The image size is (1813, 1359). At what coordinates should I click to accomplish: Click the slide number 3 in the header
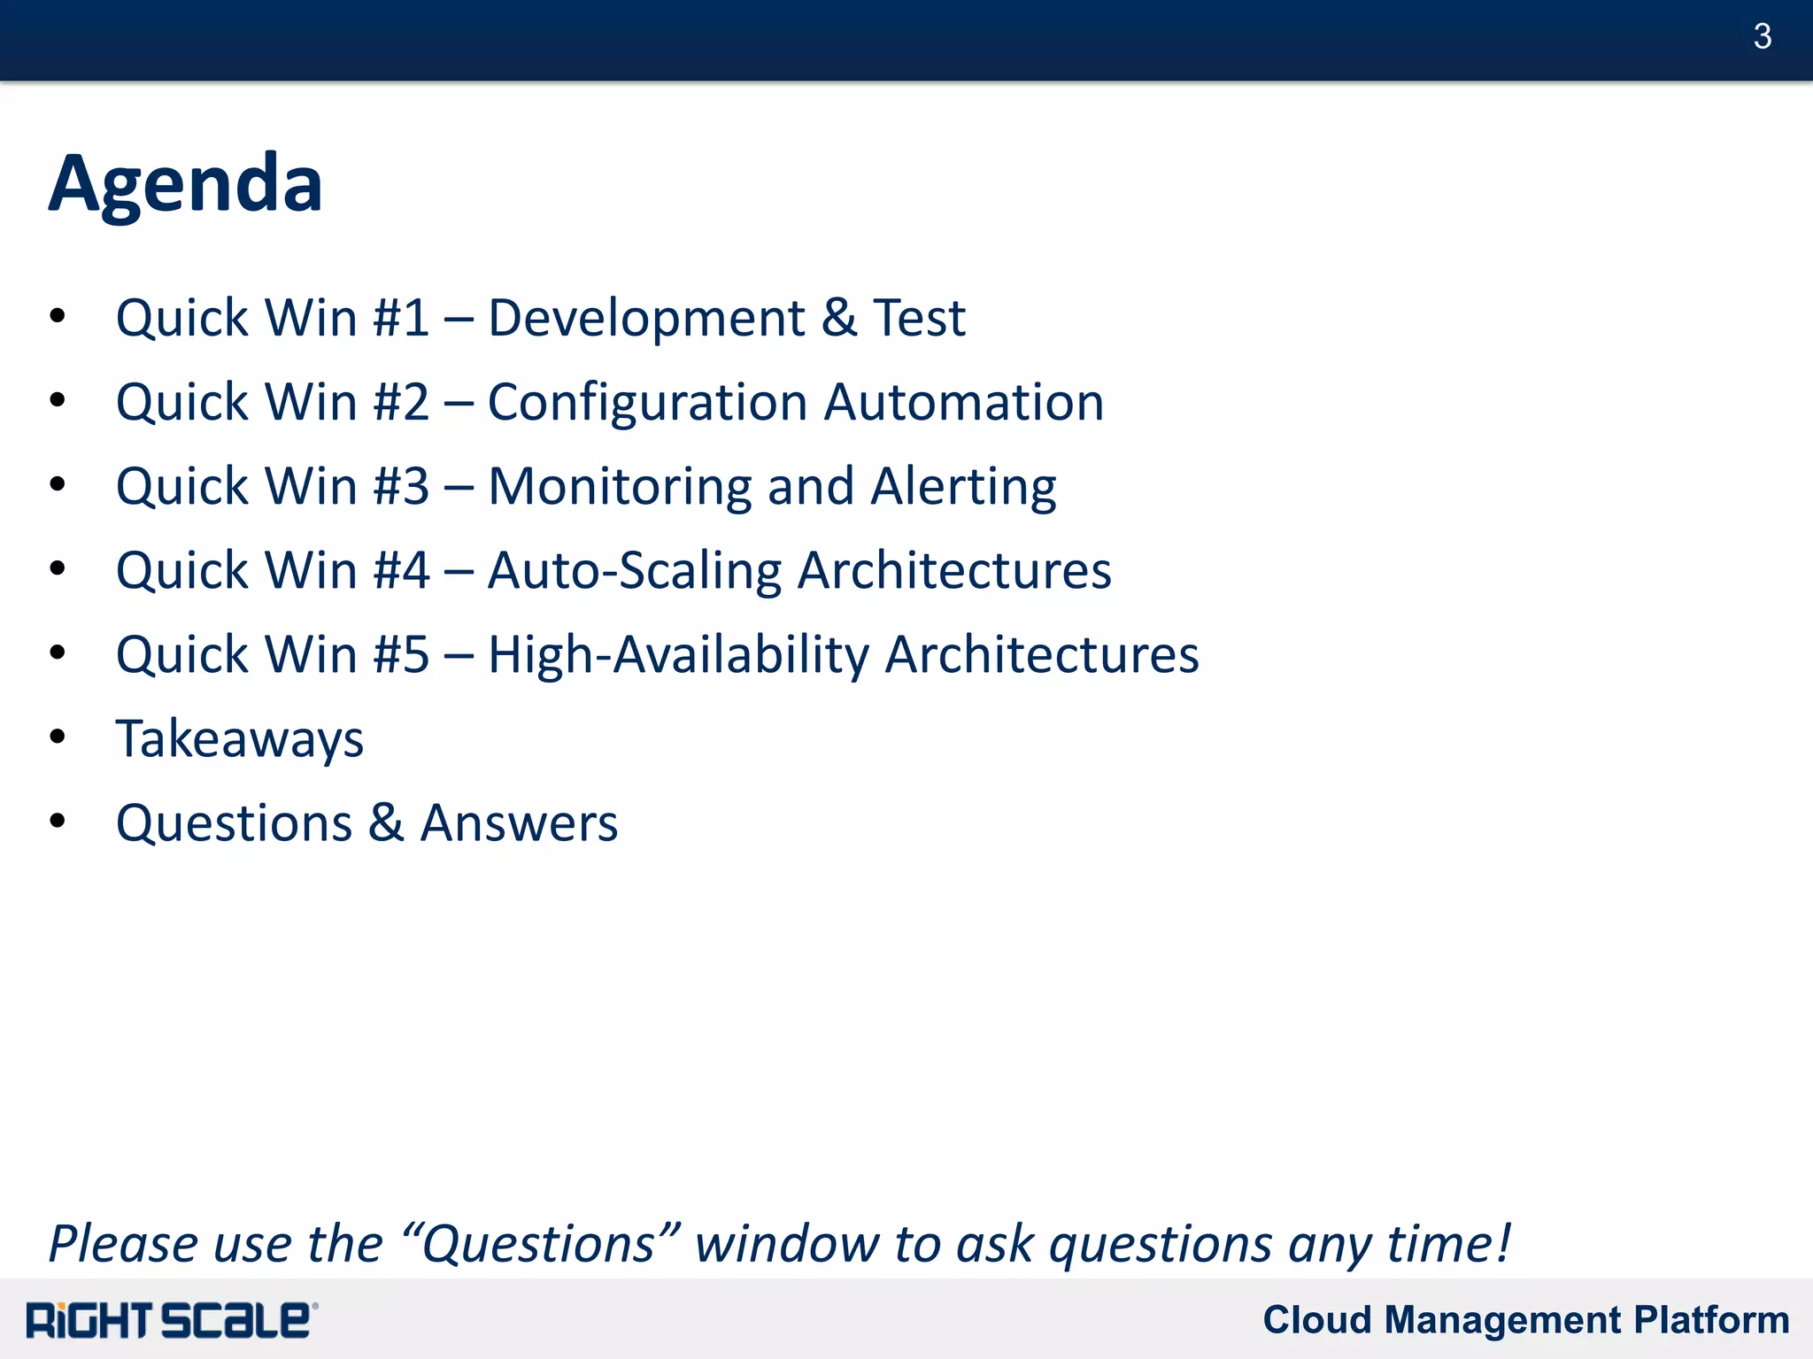tap(1761, 36)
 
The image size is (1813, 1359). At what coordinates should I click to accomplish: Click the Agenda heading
tap(185, 183)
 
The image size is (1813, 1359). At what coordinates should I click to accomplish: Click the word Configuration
tap(647, 402)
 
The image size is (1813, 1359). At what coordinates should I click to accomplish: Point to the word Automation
tap(964, 402)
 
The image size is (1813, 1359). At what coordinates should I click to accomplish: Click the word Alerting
tap(963, 486)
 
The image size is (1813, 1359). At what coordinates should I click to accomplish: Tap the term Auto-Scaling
tap(634, 570)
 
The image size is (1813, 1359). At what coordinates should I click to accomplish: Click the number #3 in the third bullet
tap(401, 486)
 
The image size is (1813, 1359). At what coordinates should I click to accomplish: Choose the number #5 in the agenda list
tap(401, 655)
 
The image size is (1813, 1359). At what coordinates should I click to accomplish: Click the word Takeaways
tap(240, 738)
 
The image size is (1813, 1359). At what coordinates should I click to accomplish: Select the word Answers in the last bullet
tap(519, 822)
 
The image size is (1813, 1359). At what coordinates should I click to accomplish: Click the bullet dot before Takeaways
tap(58, 737)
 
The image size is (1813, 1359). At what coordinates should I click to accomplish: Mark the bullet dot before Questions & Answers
tap(58, 821)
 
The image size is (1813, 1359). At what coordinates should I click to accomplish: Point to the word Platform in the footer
tap(1711, 1319)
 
